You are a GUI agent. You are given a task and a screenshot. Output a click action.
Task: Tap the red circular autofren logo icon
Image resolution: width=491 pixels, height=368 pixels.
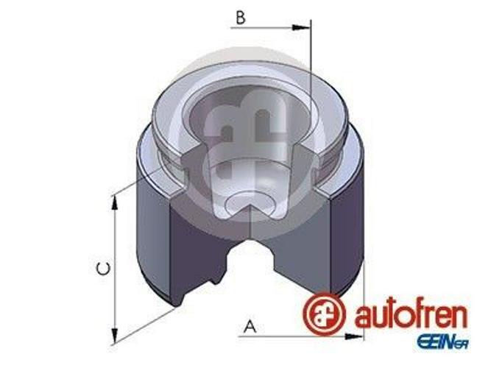324,313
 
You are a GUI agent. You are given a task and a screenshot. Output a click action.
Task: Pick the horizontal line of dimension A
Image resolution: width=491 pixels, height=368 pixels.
302,338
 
